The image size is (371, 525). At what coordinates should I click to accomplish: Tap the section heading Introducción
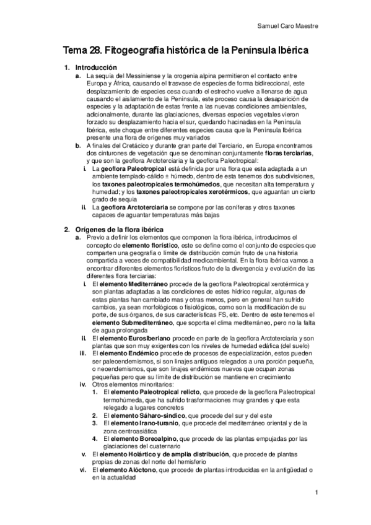[96, 67]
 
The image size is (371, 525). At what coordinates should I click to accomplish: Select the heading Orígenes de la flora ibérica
[119, 230]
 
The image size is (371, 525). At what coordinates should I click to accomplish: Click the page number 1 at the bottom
[316, 493]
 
